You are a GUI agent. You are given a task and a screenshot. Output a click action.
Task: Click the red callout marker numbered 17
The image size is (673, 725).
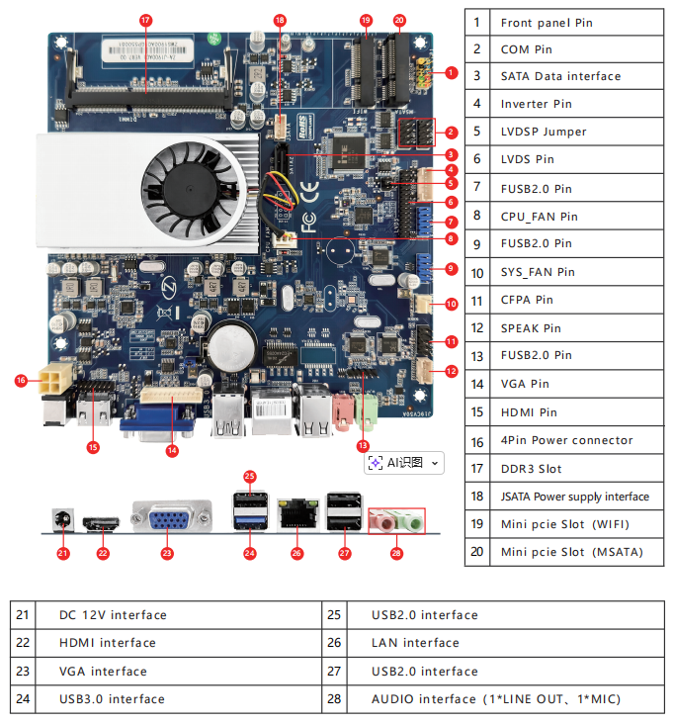tap(145, 20)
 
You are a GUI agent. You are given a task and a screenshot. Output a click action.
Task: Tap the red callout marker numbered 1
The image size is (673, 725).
tap(451, 72)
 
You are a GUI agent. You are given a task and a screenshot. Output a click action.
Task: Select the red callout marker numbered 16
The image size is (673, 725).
tap(22, 379)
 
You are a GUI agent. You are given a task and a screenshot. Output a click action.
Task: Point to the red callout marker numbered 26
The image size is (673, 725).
tap(295, 553)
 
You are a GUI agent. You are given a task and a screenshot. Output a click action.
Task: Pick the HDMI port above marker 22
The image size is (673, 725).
tap(103, 522)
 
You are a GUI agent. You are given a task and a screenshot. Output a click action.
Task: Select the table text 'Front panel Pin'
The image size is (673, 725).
tap(547, 23)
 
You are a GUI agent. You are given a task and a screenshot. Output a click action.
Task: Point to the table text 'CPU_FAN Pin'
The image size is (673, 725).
tap(539, 216)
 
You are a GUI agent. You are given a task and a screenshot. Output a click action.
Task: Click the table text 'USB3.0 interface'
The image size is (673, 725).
tap(112, 699)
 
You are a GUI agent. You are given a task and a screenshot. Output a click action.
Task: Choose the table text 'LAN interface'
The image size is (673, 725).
tap(415, 643)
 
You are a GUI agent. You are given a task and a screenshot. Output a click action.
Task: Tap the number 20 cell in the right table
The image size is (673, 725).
tap(477, 552)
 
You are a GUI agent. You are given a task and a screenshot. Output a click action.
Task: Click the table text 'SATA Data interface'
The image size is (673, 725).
tap(560, 76)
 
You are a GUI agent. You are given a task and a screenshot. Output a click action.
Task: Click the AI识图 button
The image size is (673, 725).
tap(403, 462)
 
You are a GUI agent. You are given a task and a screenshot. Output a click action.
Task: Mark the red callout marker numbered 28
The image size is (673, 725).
tap(396, 553)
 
